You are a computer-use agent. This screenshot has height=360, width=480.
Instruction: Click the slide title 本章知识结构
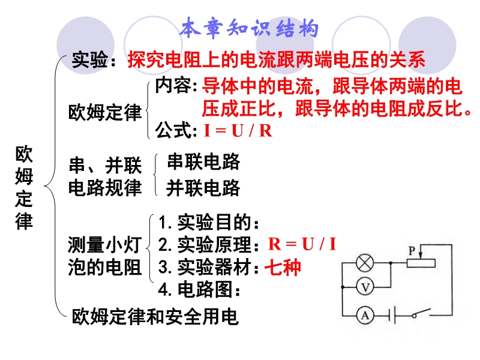point(249,28)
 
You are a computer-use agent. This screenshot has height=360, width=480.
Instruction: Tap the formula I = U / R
point(238,131)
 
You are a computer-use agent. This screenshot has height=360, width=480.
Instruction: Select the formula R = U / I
point(302,244)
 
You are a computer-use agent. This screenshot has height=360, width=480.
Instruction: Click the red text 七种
point(283,267)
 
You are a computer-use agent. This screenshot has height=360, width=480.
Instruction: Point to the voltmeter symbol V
point(365,287)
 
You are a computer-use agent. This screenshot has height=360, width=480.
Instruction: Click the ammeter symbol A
point(365,316)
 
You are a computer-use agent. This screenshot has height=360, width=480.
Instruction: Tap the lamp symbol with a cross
point(365,263)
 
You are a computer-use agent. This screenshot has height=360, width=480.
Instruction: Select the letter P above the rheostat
point(412,251)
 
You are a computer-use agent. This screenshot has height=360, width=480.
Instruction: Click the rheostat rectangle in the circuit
point(421,263)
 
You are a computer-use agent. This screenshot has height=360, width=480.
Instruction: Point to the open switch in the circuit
point(421,313)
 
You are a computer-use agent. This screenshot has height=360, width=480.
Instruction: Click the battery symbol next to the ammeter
point(392,315)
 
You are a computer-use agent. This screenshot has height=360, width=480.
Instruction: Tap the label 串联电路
point(203,161)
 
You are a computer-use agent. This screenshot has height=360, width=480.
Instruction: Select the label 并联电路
point(203,188)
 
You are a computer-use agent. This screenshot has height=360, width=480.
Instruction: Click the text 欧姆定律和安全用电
point(155,316)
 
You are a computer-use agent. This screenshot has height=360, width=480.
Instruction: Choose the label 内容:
point(176,85)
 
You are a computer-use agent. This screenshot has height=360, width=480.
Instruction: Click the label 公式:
point(176,130)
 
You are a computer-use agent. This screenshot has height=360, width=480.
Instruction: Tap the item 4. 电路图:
point(199,289)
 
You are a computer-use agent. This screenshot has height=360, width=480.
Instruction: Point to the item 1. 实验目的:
point(209,222)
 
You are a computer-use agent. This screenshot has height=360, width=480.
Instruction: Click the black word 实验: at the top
point(94,59)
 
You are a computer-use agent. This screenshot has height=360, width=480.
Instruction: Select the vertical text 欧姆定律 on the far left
point(24,188)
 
